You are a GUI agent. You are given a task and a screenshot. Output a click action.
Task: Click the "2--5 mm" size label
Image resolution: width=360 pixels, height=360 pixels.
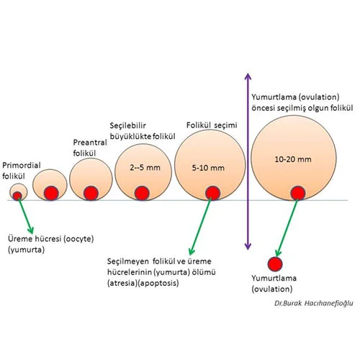[145, 168]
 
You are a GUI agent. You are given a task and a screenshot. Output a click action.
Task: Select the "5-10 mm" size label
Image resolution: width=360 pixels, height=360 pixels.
[208, 168]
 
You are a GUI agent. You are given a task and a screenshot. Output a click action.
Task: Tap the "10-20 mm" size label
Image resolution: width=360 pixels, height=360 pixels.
[293, 159]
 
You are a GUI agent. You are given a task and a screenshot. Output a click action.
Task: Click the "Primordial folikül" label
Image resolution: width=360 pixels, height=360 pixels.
[22, 171]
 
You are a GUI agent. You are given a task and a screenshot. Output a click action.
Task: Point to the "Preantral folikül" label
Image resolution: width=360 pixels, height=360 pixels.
[90, 148]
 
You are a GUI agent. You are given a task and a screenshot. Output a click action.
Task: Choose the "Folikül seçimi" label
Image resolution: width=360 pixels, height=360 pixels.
[212, 125]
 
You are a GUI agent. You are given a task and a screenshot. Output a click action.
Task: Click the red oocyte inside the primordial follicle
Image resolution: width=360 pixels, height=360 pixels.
[17, 196]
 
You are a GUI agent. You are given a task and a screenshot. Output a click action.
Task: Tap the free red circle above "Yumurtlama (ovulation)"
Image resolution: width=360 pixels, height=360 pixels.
[275, 264]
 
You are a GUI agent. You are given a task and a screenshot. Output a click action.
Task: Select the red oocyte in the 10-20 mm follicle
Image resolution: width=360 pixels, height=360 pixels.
[298, 193]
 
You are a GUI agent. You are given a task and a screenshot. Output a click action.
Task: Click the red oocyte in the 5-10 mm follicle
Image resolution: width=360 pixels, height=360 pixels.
[212, 193]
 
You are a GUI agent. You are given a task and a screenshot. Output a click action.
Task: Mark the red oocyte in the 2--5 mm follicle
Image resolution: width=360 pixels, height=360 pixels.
[142, 193]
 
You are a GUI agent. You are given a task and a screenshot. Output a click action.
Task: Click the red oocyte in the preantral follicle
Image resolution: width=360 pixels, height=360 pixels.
[91, 193]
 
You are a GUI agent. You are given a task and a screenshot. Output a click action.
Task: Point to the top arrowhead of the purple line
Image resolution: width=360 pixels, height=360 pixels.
[248, 77]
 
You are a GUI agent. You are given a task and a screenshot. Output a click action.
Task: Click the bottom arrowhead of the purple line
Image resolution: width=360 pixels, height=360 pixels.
[248, 246]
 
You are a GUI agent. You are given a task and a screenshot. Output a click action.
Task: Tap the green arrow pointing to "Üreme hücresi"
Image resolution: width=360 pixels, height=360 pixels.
[25, 215]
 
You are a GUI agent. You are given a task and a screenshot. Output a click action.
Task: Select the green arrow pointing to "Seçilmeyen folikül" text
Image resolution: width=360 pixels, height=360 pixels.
[200, 226]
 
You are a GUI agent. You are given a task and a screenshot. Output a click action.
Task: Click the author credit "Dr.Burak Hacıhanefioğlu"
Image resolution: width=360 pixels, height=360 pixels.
[314, 303]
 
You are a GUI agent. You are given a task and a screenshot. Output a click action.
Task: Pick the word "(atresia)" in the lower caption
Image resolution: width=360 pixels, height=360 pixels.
[122, 283]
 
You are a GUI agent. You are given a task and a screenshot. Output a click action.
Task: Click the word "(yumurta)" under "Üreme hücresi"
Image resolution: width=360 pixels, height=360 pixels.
[26, 250]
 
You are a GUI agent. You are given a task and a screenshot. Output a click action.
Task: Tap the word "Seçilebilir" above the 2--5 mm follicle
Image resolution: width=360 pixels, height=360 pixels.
[127, 125]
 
